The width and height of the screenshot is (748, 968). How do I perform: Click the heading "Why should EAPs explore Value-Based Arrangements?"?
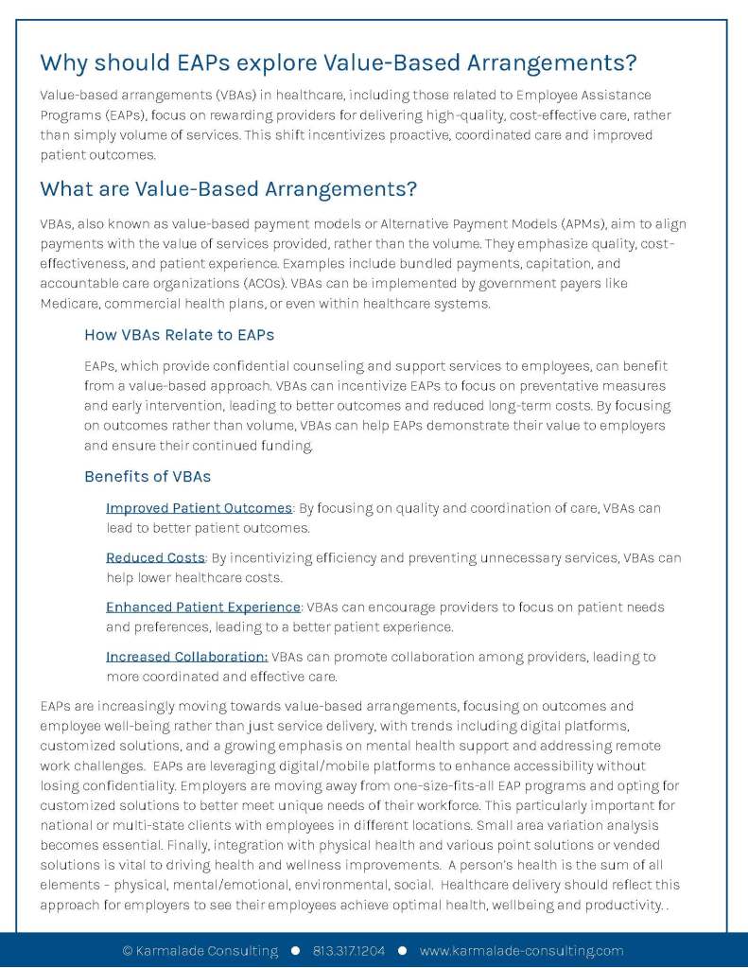click(x=338, y=63)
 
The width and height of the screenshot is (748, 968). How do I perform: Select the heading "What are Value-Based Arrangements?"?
click(x=228, y=188)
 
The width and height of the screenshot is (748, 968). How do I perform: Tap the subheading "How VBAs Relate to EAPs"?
click(x=179, y=334)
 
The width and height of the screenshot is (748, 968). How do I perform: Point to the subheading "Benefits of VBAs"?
click(x=148, y=476)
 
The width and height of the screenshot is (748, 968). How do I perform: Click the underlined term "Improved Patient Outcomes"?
click(x=199, y=508)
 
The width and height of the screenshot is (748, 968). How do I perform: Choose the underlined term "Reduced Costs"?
click(x=155, y=557)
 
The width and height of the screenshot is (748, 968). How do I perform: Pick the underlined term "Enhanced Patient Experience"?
click(x=202, y=607)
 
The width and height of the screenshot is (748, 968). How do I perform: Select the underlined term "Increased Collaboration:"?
click(x=186, y=656)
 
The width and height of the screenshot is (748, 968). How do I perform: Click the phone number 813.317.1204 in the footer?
click(x=349, y=951)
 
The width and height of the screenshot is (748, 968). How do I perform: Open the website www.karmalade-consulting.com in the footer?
click(x=521, y=951)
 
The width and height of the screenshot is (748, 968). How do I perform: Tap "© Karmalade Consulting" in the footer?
click(x=200, y=951)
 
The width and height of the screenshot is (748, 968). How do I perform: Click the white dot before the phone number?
click(x=296, y=951)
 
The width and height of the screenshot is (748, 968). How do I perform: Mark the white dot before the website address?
click(x=402, y=951)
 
